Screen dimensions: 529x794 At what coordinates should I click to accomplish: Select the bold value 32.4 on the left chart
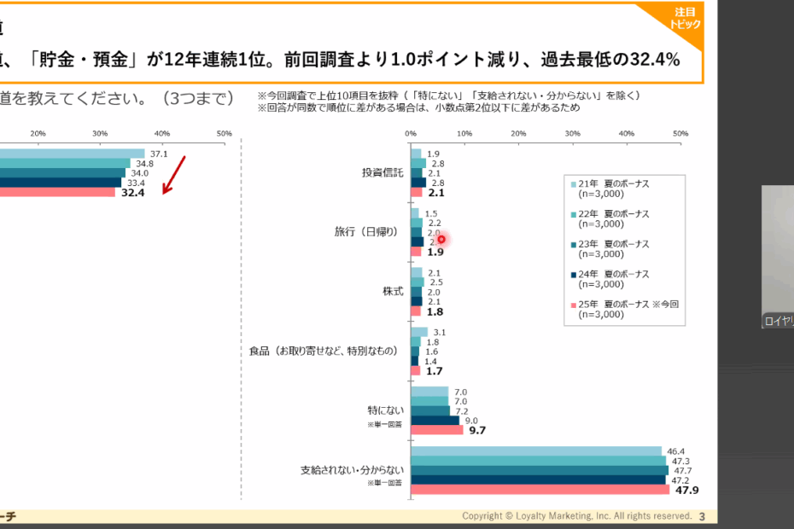coord(133,193)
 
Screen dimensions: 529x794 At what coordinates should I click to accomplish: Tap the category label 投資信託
coord(382,172)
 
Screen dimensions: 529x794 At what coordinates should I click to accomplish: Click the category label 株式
coord(393,291)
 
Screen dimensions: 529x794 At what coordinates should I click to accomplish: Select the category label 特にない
coord(387,410)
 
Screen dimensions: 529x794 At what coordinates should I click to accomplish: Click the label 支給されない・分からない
coord(351,469)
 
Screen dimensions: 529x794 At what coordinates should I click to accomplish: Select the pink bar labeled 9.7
coord(436,430)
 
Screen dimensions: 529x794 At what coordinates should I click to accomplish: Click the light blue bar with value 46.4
coord(536,451)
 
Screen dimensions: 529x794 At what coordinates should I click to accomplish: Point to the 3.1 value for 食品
coord(440,333)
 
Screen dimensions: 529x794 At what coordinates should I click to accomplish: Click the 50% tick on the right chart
coord(680,134)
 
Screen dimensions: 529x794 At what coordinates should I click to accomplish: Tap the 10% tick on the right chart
coord(464,134)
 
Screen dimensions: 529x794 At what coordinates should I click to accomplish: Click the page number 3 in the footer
coord(702,516)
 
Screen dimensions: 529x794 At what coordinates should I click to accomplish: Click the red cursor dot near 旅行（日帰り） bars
coord(441,239)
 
